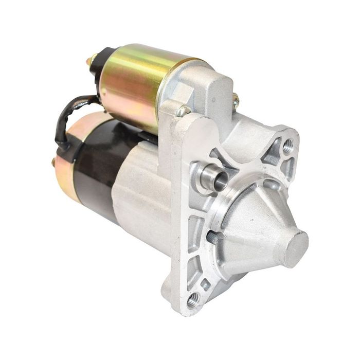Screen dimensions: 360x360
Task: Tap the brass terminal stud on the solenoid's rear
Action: pyautogui.click(x=91, y=60)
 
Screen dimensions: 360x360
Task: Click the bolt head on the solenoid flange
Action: pyautogui.click(x=183, y=110)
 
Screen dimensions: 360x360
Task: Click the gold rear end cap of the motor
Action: pyautogui.click(x=64, y=175)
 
